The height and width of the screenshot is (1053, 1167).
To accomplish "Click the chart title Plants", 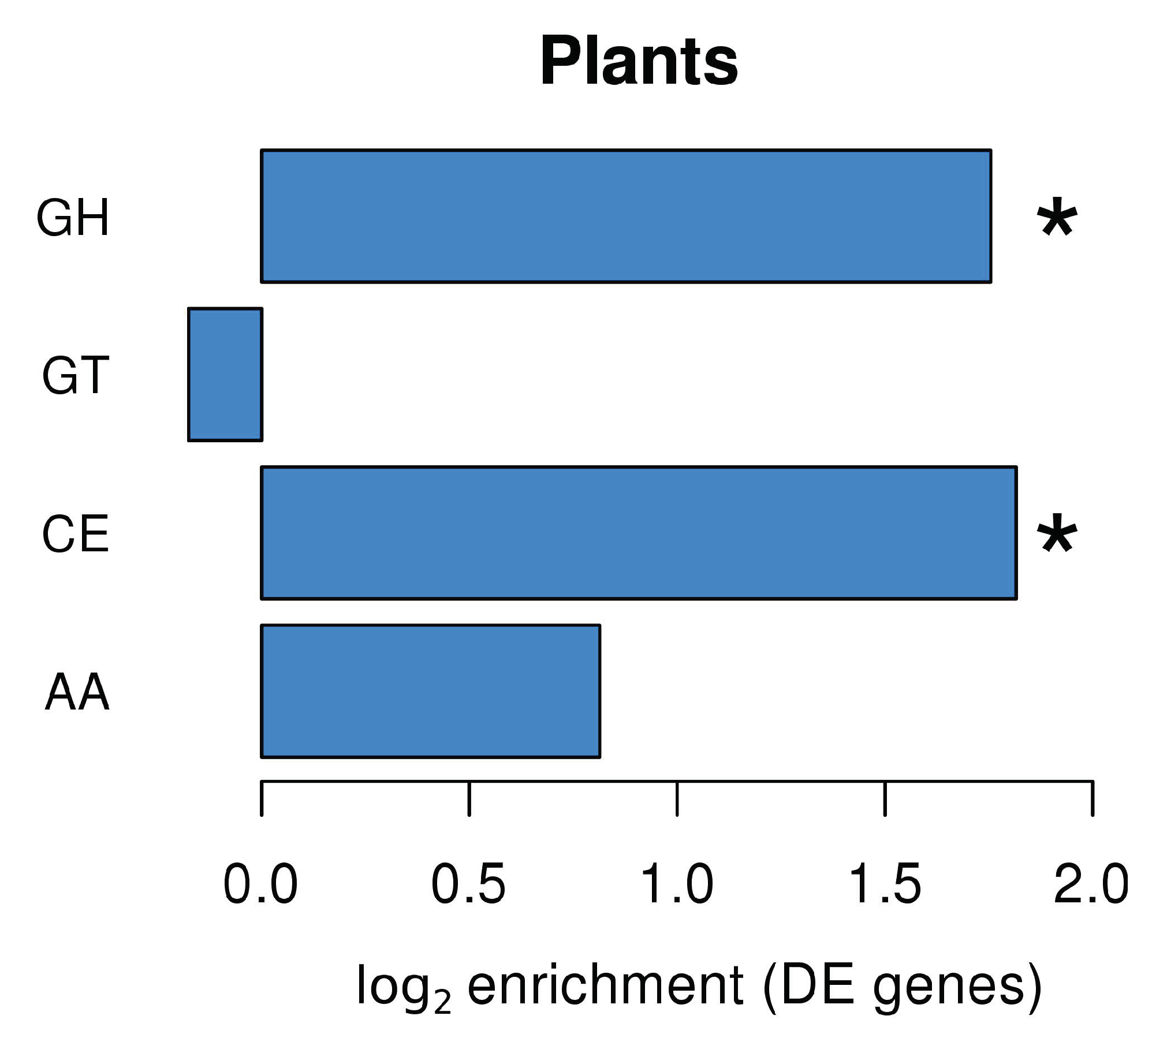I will tap(639, 61).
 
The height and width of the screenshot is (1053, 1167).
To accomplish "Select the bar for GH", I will tap(625, 216).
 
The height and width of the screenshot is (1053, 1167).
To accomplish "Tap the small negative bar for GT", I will tap(225, 374).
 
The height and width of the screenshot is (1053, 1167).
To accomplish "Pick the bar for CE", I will tap(638, 533).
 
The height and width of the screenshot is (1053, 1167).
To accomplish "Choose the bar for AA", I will tap(430, 691).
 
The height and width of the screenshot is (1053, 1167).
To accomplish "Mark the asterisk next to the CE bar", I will tap(1057, 534).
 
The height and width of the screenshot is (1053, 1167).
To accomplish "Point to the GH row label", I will tap(73, 218).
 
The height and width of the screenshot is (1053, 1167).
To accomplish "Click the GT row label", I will tap(75, 376).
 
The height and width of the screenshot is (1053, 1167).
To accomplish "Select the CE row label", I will tap(75, 535).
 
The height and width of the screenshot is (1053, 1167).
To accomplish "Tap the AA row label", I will tap(77, 693).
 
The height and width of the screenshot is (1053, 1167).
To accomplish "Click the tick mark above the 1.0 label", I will tap(677, 798).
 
